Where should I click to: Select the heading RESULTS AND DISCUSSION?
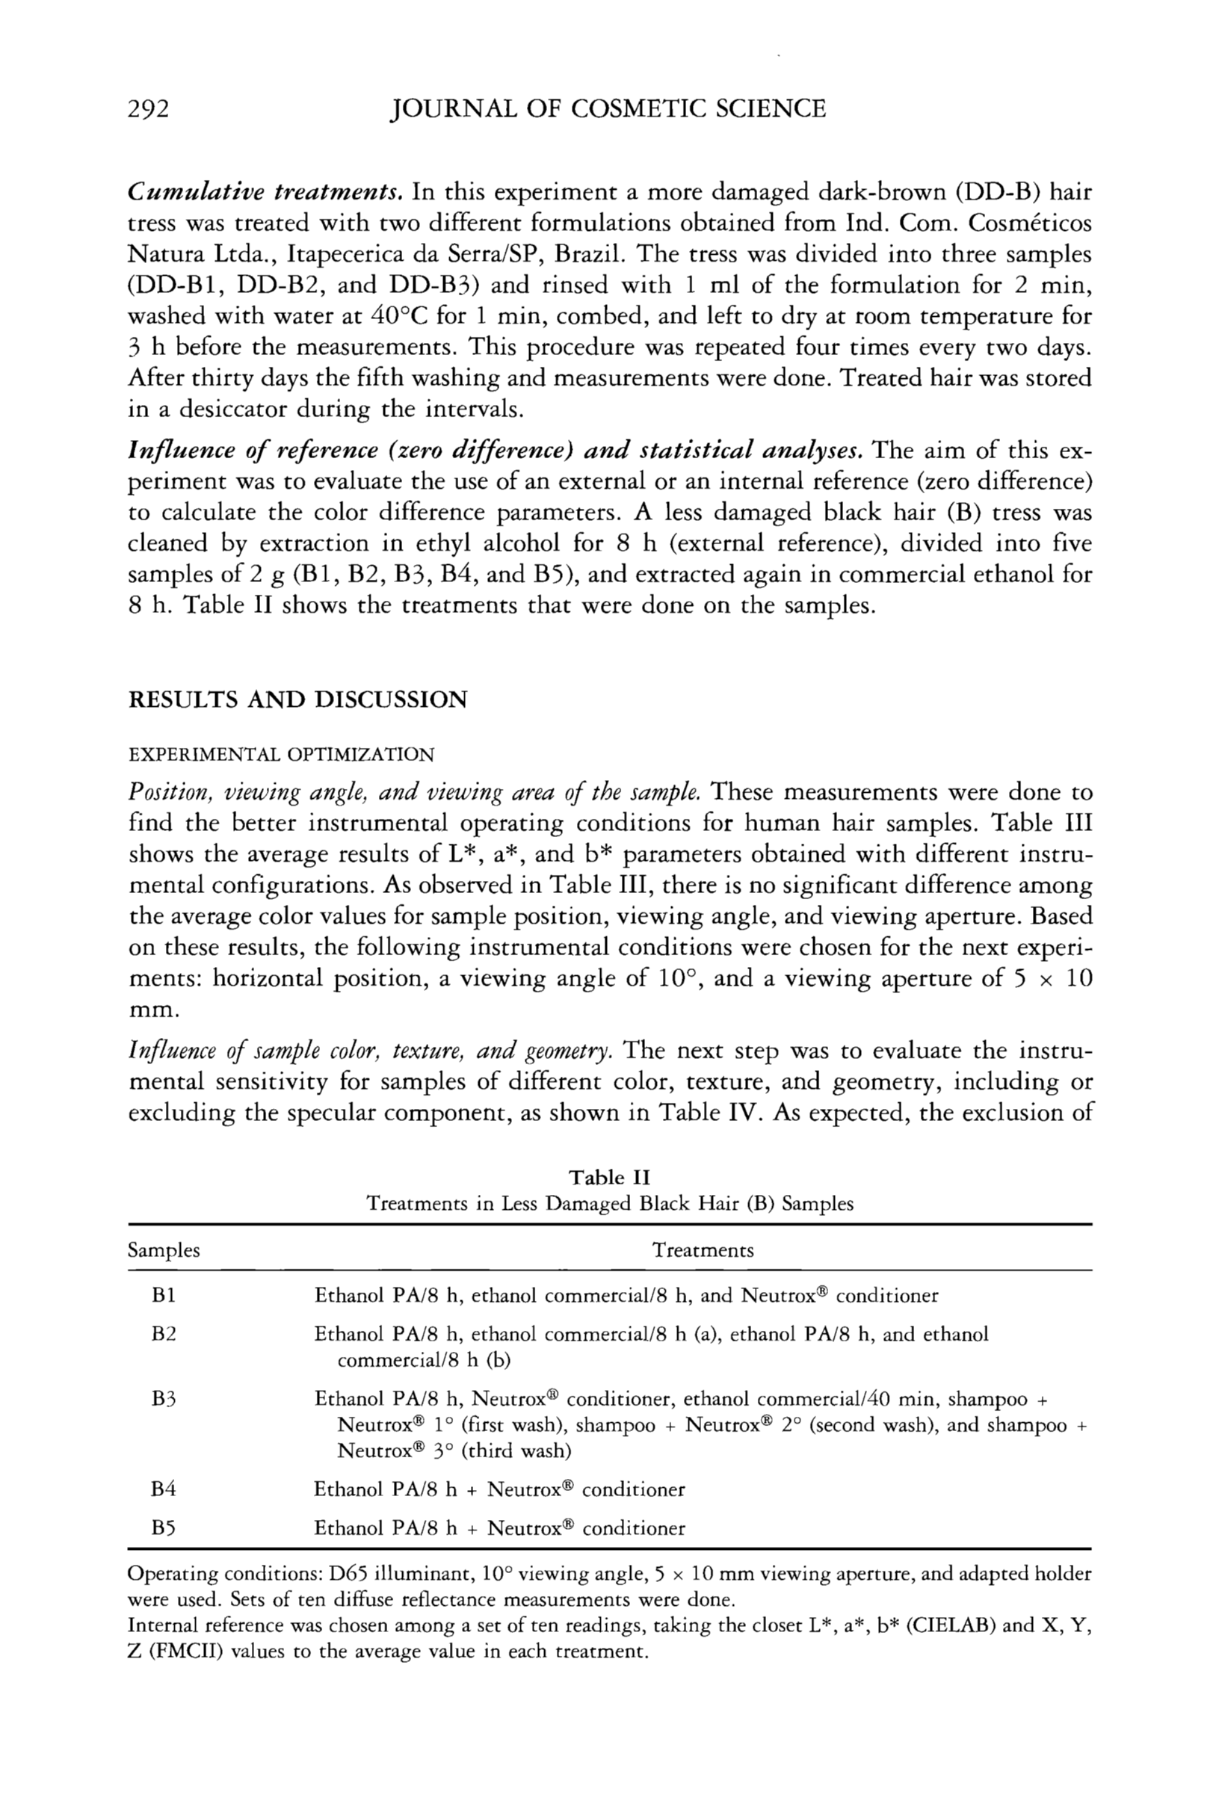click(x=297, y=699)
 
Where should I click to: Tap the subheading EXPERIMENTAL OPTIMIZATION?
click(x=281, y=754)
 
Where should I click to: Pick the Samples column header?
click(x=164, y=1249)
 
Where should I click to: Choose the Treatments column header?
click(x=703, y=1249)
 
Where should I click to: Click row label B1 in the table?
click(x=164, y=1295)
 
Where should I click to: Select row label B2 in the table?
click(x=164, y=1334)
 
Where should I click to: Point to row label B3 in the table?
click(x=164, y=1399)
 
